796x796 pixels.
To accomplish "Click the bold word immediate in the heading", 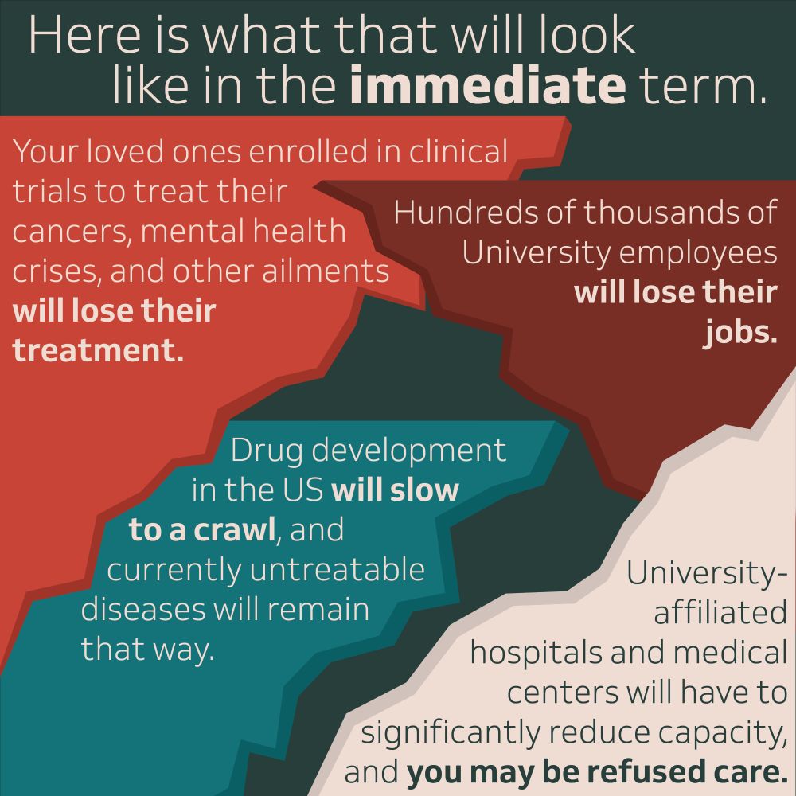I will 487,86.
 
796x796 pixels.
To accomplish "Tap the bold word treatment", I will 97,350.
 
